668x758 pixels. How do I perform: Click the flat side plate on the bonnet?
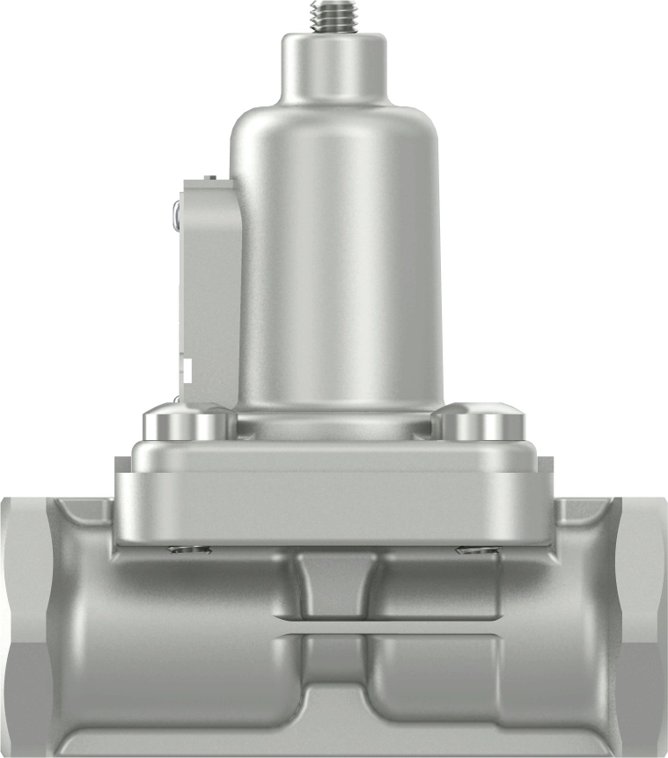click(209, 282)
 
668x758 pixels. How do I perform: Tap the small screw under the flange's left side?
click(188, 551)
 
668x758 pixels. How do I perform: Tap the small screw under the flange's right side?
click(478, 551)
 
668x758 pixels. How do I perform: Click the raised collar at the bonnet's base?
click(334, 427)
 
